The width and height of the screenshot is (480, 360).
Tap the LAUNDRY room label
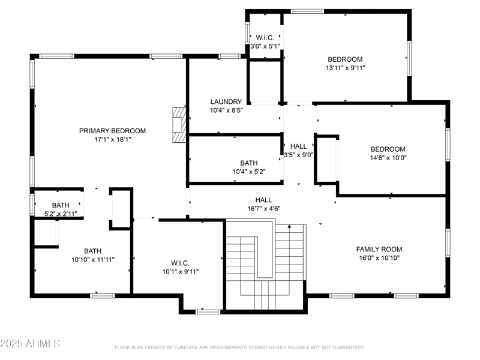[226, 102]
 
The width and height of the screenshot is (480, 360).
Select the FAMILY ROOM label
[379, 250]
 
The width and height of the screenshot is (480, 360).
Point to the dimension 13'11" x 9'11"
[344, 68]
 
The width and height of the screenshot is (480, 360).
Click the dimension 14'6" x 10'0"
[388, 158]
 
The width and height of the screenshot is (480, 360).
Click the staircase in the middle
[265, 264]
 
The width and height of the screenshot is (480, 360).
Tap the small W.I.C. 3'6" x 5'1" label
[265, 38]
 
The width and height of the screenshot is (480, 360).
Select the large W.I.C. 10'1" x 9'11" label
[180, 267]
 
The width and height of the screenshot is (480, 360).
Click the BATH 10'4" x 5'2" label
[248, 167]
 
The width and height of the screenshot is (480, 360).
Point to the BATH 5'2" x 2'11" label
[60, 209]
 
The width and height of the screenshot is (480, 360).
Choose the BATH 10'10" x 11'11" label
[92, 256]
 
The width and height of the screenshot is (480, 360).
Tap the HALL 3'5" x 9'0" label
[298, 150]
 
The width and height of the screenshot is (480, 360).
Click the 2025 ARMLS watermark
[30, 344]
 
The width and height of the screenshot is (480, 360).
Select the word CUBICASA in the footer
[191, 347]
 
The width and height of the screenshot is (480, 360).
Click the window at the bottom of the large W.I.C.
[208, 311]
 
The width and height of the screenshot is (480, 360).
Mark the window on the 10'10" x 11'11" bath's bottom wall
[103, 295]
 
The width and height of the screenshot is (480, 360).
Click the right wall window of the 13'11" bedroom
[410, 58]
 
